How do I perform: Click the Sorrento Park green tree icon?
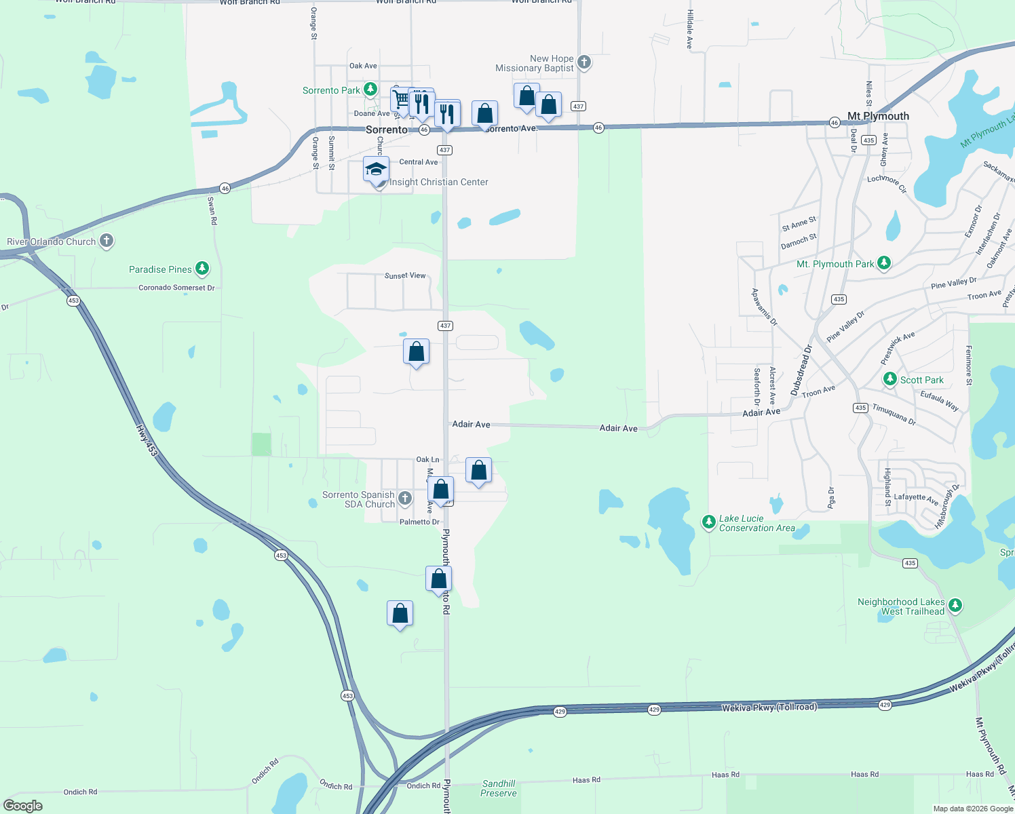pos(370,90)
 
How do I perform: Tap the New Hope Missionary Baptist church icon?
pos(584,63)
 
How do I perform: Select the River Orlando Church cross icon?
pos(106,241)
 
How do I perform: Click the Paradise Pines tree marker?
pos(202,269)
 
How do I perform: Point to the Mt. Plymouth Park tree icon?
pos(883,263)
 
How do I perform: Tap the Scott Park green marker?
pos(890,379)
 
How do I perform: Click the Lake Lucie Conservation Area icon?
pos(709,522)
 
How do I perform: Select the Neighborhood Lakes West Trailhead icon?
pos(955,605)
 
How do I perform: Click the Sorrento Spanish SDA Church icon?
pos(404,499)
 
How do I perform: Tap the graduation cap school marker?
pos(376,170)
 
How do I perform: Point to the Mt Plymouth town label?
pos(878,116)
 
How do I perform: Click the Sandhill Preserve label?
pos(499,788)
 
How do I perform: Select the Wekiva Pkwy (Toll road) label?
pos(769,707)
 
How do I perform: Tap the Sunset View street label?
pos(405,275)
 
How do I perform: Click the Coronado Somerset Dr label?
pos(176,288)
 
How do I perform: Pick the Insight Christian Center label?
pos(438,182)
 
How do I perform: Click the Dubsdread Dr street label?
pos(801,370)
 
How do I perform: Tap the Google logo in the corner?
pos(23,806)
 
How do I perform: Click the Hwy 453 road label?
pos(147,440)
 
